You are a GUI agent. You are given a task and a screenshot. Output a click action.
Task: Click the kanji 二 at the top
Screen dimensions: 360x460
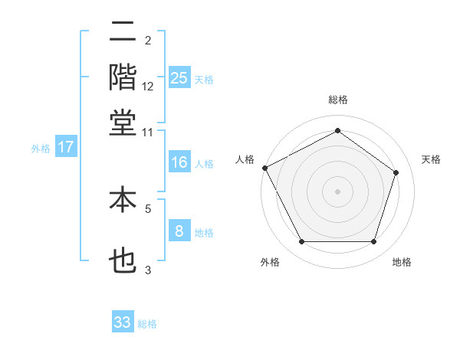click(123, 32)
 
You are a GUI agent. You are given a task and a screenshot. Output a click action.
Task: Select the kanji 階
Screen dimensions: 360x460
click(123, 77)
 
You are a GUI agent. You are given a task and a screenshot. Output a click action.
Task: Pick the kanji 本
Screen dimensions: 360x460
click(123, 201)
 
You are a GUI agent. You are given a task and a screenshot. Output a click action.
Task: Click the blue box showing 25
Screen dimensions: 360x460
click(179, 77)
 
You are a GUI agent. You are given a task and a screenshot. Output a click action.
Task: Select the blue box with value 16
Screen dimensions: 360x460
click(179, 162)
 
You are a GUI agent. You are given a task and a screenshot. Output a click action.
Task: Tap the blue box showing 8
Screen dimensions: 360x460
click(179, 231)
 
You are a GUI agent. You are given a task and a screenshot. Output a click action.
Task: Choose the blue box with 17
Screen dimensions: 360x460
click(65, 147)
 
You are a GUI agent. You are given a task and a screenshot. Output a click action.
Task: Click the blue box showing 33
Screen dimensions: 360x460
click(123, 322)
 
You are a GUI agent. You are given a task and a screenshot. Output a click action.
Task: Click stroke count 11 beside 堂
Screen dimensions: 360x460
click(148, 132)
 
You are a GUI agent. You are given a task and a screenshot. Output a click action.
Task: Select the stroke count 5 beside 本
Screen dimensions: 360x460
click(148, 208)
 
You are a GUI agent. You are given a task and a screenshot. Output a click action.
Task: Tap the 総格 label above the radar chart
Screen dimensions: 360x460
click(337, 100)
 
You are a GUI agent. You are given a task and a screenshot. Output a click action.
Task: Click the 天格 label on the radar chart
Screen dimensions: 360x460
click(431, 159)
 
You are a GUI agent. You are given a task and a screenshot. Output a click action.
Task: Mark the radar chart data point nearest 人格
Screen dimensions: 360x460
click(264, 168)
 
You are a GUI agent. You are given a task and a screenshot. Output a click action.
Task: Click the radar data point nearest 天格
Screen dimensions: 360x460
click(396, 172)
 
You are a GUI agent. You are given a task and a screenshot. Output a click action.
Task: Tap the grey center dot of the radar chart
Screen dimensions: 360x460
click(337, 191)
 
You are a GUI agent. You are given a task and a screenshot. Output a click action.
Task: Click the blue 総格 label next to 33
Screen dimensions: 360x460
click(147, 324)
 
